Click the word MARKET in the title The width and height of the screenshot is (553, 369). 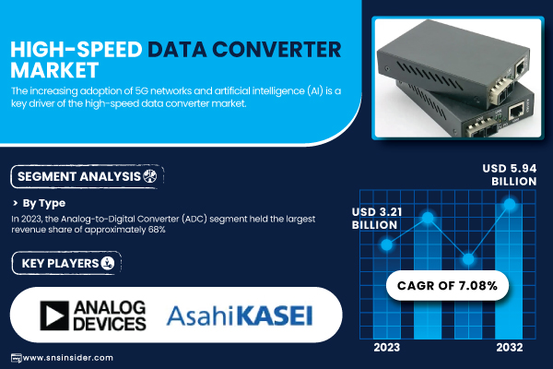click(54, 70)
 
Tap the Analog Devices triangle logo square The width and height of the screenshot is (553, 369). click(54, 315)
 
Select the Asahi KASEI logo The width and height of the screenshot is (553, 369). click(240, 315)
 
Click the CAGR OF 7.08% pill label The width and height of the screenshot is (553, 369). click(447, 285)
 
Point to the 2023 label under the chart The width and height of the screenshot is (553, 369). click(387, 348)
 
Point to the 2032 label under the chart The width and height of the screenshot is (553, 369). click(510, 348)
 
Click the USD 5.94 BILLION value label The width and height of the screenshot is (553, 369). click(510, 174)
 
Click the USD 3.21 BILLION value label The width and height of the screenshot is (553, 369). click(377, 219)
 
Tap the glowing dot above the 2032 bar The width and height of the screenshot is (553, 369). click(510, 204)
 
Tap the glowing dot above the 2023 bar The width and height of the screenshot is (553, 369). click(387, 244)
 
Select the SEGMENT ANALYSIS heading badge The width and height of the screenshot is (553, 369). click(88, 176)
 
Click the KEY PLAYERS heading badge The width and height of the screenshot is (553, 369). click(66, 263)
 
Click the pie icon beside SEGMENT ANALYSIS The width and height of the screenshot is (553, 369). click(150, 176)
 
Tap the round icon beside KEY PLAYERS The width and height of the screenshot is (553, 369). click(108, 263)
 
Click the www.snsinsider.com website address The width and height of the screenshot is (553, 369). click(67, 358)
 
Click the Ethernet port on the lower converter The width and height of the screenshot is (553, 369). click(517, 113)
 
